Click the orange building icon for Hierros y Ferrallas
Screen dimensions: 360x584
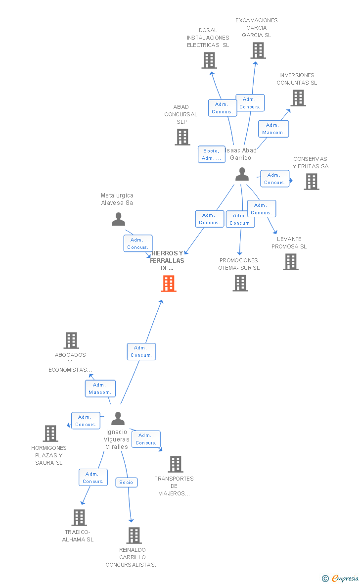pos(169,284)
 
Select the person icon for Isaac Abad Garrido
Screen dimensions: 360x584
pos(242,174)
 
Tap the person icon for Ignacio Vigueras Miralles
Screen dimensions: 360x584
pos(118,419)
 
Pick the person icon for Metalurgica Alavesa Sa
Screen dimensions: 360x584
pos(118,219)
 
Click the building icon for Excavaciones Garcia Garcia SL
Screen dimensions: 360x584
pos(258,50)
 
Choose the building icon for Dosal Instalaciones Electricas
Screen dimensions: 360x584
pos(209,60)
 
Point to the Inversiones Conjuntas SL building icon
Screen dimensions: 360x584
pos(298,98)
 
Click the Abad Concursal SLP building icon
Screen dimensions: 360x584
pos(182,137)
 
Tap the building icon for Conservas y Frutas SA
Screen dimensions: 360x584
pos(311,182)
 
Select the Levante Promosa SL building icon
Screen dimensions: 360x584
pos(291,262)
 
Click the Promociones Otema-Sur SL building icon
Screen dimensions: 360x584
pos(240,283)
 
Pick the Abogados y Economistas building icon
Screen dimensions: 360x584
pos(71,341)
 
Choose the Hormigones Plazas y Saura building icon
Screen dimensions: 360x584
pos(50,434)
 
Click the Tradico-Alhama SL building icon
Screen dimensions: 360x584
pos(79,518)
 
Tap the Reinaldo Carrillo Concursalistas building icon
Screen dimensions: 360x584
pos(134,535)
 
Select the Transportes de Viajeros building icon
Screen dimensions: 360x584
pos(175,464)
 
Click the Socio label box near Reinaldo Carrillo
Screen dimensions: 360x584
pos(126,482)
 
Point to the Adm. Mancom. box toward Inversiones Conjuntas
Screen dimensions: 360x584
pos(273,129)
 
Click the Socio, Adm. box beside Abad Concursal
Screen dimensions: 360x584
pos(211,154)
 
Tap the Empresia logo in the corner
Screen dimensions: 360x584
pos(341,578)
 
